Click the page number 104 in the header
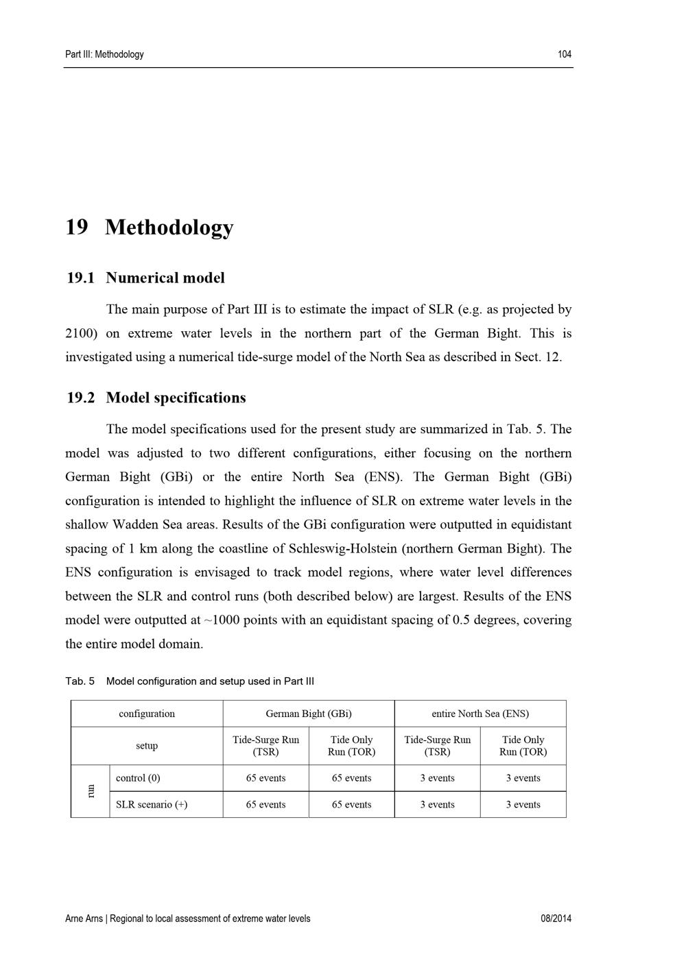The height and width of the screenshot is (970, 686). coord(565,54)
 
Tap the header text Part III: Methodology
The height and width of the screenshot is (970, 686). coord(104,54)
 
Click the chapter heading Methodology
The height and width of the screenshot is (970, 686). coord(169,227)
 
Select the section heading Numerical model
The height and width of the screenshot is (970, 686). coord(165,278)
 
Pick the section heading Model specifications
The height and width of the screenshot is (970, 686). coord(176,398)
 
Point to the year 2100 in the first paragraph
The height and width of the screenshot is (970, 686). coord(80,333)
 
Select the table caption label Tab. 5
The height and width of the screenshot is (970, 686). coord(80,681)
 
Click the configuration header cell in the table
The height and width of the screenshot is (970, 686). coord(147,714)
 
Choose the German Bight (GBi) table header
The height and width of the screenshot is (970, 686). coord(309,714)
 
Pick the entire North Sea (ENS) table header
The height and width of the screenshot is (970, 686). coord(480,714)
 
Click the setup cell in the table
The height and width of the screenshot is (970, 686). coord(147,746)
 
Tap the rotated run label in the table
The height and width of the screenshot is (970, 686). coord(90,791)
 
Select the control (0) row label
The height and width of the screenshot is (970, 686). coord(138,778)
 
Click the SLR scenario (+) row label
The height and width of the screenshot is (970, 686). coord(151,805)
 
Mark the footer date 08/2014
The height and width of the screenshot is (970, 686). coord(556,919)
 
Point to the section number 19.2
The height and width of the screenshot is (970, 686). coord(80,398)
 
